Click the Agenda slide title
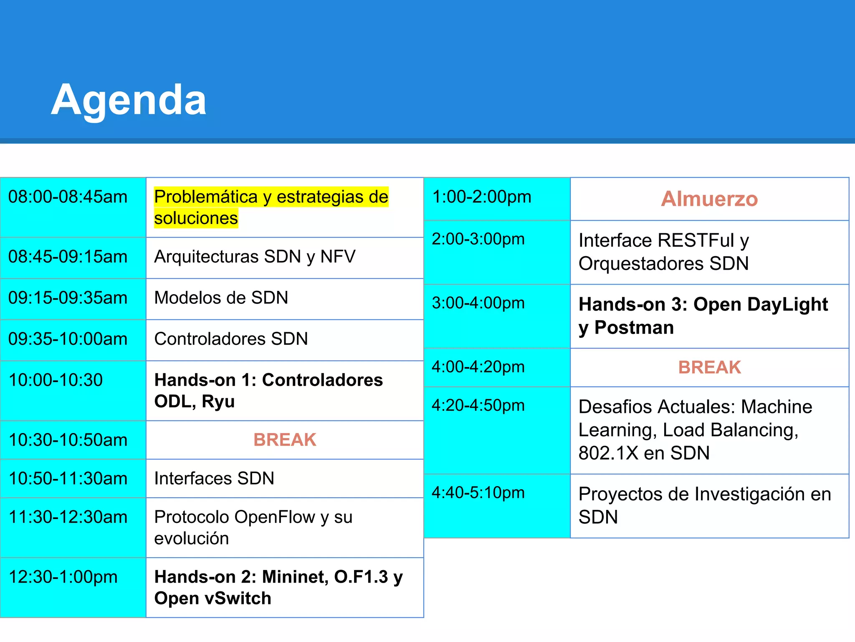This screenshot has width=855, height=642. [x=129, y=100]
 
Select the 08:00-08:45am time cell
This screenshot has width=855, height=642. [x=68, y=197]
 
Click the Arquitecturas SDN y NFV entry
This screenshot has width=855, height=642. [x=255, y=257]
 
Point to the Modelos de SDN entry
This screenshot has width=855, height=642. [x=221, y=298]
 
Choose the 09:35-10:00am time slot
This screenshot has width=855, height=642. [x=68, y=339]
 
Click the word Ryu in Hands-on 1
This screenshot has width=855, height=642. [x=218, y=402]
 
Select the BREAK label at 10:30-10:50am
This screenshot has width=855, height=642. [x=285, y=440]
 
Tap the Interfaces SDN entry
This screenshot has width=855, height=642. [x=214, y=479]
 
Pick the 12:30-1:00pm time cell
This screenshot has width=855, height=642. [x=63, y=577]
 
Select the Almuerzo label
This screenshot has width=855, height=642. [x=709, y=199]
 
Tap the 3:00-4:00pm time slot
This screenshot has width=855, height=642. [x=478, y=303]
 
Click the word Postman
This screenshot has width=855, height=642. [x=634, y=328]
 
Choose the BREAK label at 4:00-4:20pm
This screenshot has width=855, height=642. [x=709, y=367]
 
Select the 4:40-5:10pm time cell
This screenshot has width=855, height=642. [x=478, y=493]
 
